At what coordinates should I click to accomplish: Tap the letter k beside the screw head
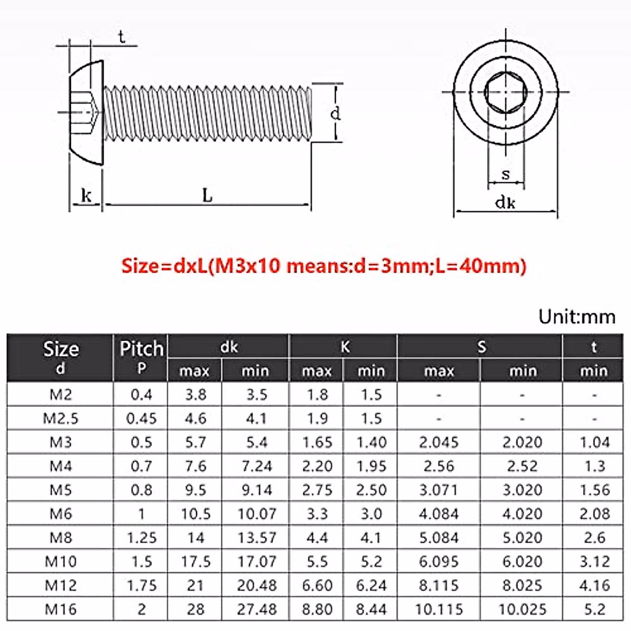coord(86,196)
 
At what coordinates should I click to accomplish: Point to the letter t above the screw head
coord(121,37)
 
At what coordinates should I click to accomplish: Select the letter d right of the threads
coord(335,113)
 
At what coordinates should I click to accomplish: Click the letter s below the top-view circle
coord(506,174)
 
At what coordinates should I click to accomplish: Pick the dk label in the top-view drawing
coord(505,202)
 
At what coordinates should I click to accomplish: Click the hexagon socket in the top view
coord(505,93)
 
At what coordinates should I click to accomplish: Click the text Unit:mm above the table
coord(577,317)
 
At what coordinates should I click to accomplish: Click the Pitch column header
coord(141,349)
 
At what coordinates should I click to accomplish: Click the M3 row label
coord(60,442)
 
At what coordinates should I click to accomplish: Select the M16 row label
coord(60,609)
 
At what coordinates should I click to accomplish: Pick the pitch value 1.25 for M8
coord(141,538)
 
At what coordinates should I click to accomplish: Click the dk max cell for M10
coord(195,562)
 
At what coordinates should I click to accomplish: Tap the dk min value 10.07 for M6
coord(257,514)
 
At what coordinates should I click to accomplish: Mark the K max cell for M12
coord(317,585)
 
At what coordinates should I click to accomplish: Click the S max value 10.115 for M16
coord(439,609)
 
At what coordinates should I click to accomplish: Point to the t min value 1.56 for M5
coord(594,490)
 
